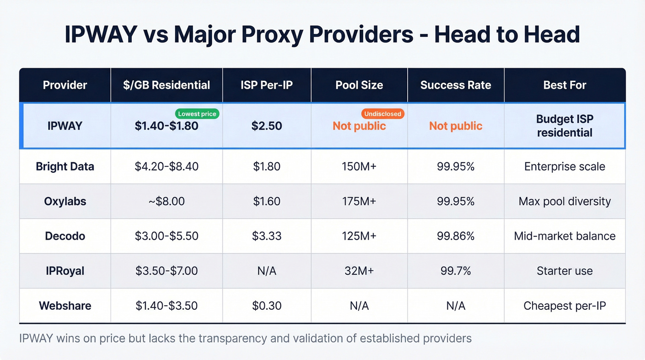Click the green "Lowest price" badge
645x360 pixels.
pos(197,114)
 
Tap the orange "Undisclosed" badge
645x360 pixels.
pos(383,114)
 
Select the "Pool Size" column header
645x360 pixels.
pos(359,85)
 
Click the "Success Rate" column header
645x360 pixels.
pos(456,85)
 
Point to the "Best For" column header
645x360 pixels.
pos(565,85)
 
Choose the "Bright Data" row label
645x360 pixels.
pos(65,166)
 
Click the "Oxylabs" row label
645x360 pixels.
pos(65,201)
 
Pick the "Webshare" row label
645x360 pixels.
pos(65,306)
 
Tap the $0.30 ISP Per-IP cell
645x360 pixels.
pos(267,306)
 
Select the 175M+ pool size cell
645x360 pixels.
pos(359,201)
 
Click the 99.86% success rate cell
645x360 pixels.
pos(456,236)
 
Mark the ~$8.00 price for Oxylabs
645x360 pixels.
pos(166,201)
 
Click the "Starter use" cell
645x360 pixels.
pos(565,271)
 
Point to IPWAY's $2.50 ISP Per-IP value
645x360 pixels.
pos(267,126)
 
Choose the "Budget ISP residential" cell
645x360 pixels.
pos(565,126)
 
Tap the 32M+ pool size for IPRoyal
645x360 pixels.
pos(359,271)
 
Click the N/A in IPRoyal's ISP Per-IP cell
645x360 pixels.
pos(267,271)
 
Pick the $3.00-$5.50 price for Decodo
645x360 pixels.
pos(166,236)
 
